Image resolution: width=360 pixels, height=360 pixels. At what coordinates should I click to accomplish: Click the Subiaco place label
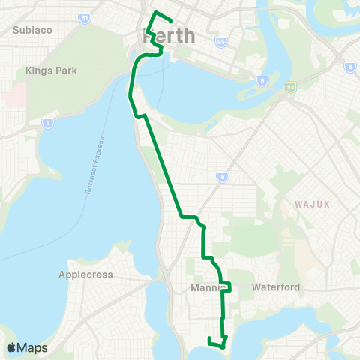(x=31, y=30)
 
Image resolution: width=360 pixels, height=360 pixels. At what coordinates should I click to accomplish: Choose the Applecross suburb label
(x=85, y=274)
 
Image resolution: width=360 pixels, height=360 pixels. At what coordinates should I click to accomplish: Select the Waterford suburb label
(x=276, y=286)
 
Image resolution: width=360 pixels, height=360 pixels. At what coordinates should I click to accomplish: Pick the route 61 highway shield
(x=85, y=17)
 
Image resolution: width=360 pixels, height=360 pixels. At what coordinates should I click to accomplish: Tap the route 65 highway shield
(x=221, y=43)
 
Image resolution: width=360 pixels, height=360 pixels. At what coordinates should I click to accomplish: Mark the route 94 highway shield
(x=291, y=87)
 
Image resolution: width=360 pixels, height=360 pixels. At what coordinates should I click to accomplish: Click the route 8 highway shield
(x=349, y=67)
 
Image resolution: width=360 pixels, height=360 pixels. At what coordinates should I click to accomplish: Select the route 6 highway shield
(x=222, y=177)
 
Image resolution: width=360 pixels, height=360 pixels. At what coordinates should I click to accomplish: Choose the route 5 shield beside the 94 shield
(x=260, y=80)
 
